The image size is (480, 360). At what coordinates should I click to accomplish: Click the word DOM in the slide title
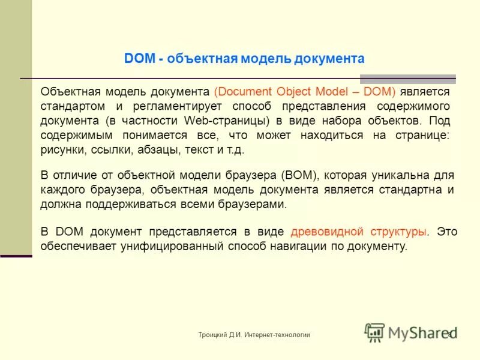point(138,59)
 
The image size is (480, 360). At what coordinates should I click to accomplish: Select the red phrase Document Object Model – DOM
point(304,92)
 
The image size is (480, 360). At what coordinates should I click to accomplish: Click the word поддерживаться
point(124,205)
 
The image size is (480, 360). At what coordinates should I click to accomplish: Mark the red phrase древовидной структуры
point(359,232)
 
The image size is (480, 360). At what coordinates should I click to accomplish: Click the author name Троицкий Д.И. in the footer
point(220,335)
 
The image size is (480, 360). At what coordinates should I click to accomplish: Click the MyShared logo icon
point(375,332)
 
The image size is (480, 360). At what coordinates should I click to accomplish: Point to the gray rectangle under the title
point(407,79)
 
